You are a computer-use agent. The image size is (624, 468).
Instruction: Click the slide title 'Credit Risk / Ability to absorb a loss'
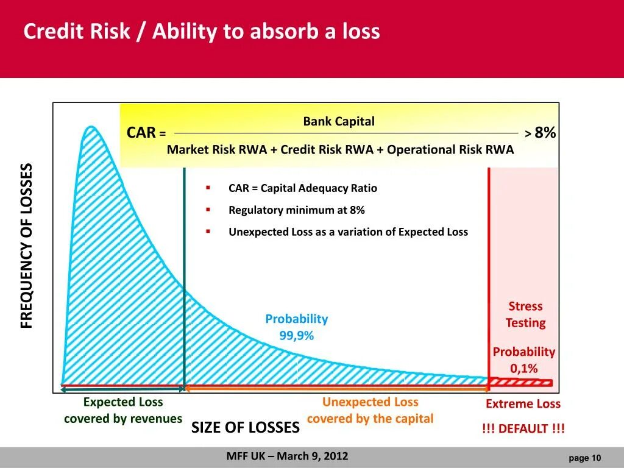coord(201,32)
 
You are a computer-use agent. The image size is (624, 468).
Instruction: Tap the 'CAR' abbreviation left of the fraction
coord(141,133)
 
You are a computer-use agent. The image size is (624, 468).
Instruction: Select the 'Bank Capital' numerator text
coord(339,121)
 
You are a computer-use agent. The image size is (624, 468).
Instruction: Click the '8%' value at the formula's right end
coord(545,133)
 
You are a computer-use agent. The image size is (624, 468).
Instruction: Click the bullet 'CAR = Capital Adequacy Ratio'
coord(302,188)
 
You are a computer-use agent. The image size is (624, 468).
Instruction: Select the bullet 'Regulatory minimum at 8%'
coord(296,210)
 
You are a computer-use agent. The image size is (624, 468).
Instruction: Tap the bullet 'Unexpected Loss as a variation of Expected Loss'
coord(348,232)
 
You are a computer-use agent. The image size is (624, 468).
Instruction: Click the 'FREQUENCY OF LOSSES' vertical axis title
coord(27,246)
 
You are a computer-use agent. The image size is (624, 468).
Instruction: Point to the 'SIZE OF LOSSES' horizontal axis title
coord(246,427)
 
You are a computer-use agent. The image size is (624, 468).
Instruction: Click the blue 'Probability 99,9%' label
coord(296,327)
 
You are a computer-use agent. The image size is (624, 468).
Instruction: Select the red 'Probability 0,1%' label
coord(523,360)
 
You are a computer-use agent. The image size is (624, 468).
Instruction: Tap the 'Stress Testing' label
coord(525,314)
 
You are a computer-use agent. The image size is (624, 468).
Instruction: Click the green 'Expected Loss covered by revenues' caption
coord(123,410)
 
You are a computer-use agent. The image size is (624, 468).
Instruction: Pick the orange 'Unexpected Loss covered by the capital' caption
coord(370,410)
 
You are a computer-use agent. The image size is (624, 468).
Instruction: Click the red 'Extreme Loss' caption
coord(523,404)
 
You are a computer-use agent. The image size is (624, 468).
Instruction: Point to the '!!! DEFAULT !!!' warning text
coord(523,428)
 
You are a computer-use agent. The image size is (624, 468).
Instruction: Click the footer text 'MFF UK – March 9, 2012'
coord(287,456)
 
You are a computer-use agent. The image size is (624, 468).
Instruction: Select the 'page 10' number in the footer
coord(584,458)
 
